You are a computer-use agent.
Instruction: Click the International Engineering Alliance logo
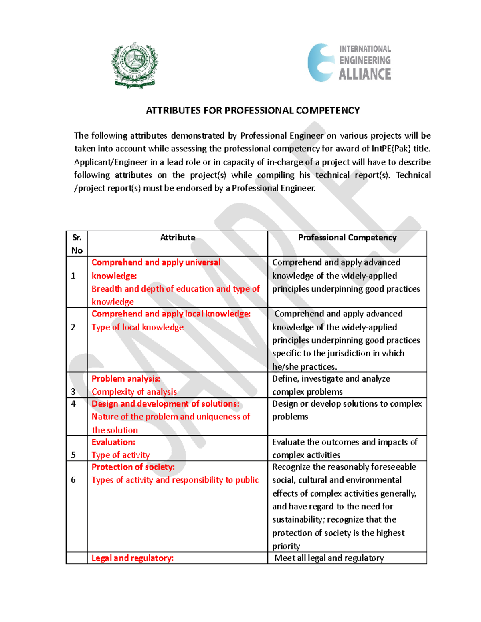(x=350, y=63)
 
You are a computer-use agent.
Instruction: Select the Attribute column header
(x=178, y=238)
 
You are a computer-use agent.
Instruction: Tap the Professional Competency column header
(x=347, y=238)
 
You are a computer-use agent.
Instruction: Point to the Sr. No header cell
(x=77, y=244)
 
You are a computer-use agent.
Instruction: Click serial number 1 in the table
(x=73, y=276)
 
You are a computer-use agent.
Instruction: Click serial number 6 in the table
(x=73, y=480)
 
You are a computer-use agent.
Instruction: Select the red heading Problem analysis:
(x=126, y=379)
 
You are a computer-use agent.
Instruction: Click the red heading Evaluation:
(x=113, y=442)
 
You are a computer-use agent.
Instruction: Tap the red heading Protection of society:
(x=133, y=467)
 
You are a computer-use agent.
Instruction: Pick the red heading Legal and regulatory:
(x=133, y=558)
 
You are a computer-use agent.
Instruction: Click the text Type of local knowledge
(x=137, y=327)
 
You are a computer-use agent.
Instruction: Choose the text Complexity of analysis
(x=134, y=392)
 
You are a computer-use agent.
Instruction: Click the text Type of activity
(x=121, y=455)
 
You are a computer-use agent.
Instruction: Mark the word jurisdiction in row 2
(x=350, y=353)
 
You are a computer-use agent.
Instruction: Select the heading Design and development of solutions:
(x=166, y=404)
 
